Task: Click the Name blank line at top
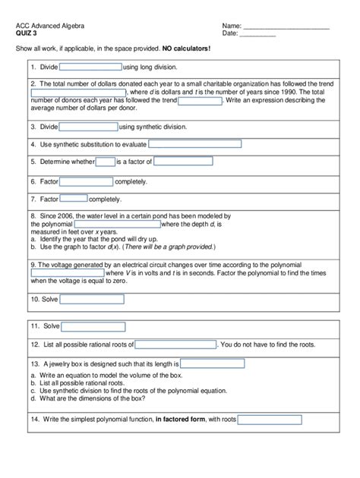(x=286, y=27)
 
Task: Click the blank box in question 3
(x=88, y=127)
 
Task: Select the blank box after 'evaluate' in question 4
(x=194, y=143)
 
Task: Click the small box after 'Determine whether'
(x=106, y=162)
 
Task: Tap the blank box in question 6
(x=86, y=181)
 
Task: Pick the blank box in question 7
(x=74, y=199)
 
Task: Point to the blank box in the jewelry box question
(x=212, y=363)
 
